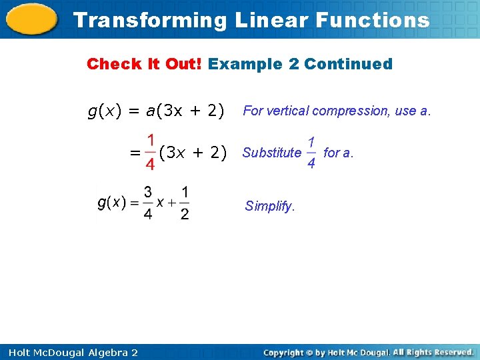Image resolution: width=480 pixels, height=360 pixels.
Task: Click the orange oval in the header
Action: click(x=33, y=19)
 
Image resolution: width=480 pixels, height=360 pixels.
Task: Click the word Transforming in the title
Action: click(x=150, y=20)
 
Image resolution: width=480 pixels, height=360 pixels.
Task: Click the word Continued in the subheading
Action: click(x=348, y=64)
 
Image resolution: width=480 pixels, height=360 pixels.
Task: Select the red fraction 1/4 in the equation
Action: click(x=151, y=152)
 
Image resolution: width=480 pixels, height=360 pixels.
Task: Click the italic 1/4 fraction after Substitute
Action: click(x=311, y=153)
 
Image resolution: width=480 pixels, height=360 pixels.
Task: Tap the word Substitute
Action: click(x=272, y=153)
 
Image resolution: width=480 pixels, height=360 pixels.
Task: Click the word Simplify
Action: click(x=269, y=206)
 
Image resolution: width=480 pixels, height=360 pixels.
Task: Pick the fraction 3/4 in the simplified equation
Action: click(x=148, y=203)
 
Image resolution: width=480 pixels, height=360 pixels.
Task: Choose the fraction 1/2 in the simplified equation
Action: click(x=184, y=203)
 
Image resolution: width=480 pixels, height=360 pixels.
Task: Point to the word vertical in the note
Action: click(x=288, y=111)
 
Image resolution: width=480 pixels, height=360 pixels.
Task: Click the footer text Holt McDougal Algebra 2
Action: click(x=69, y=352)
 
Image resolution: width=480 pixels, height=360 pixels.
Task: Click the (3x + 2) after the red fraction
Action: click(x=193, y=153)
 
